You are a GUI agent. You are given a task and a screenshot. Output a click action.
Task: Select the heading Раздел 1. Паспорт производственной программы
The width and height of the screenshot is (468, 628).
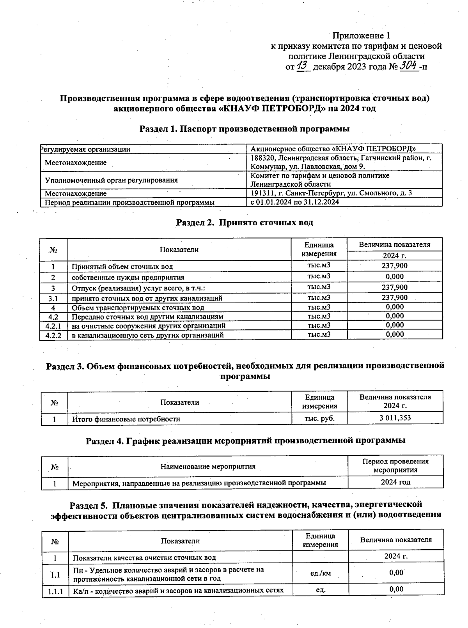[244, 129]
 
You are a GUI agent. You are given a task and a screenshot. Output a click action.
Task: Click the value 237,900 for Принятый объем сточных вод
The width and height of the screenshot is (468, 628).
[394, 266]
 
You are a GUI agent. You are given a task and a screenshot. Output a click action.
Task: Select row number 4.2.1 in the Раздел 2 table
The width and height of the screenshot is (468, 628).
[53, 325]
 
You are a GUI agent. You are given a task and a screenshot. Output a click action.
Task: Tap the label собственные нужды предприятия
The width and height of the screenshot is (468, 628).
[128, 278]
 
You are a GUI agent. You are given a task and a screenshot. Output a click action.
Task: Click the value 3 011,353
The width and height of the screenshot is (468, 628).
[395, 418]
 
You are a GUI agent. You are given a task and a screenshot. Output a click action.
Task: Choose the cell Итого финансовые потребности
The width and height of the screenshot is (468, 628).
[126, 419]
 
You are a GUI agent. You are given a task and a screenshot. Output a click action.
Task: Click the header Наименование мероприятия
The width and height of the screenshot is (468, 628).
[208, 466]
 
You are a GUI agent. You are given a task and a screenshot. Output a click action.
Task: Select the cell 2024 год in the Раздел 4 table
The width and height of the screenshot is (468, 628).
[395, 482]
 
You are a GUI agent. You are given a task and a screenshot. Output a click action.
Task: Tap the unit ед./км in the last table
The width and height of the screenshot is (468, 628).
[320, 573]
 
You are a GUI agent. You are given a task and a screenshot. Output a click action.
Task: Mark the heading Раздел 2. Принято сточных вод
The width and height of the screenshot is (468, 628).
[245, 223]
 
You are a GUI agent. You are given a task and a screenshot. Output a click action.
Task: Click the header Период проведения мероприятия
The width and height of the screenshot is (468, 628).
[395, 465]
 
